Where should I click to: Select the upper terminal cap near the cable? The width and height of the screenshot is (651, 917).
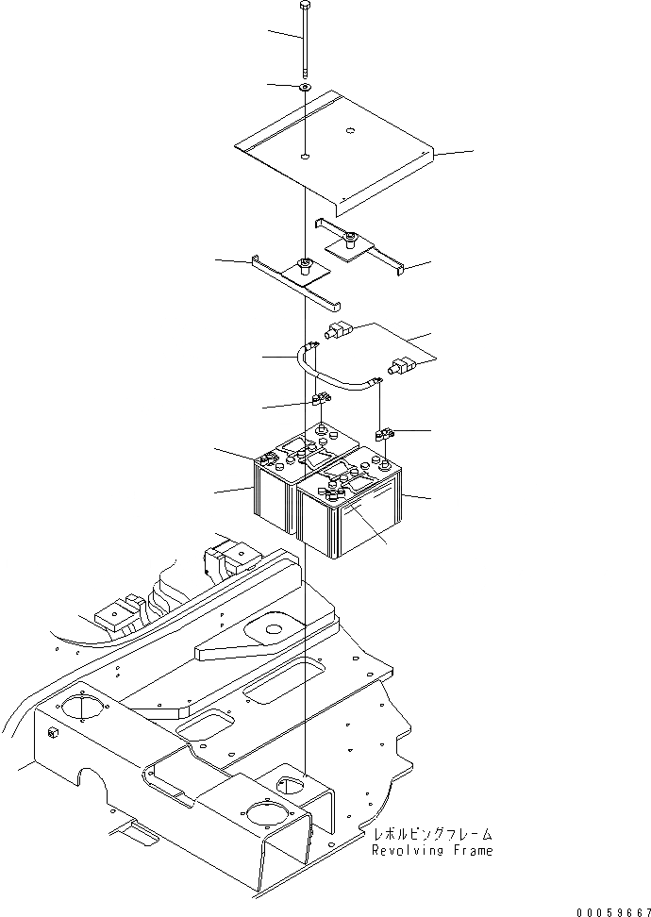(338, 331)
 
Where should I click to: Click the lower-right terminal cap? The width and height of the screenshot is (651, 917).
(399, 364)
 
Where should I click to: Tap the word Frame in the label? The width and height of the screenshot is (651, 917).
(470, 851)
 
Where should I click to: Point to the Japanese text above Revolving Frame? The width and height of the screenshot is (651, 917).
(432, 835)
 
